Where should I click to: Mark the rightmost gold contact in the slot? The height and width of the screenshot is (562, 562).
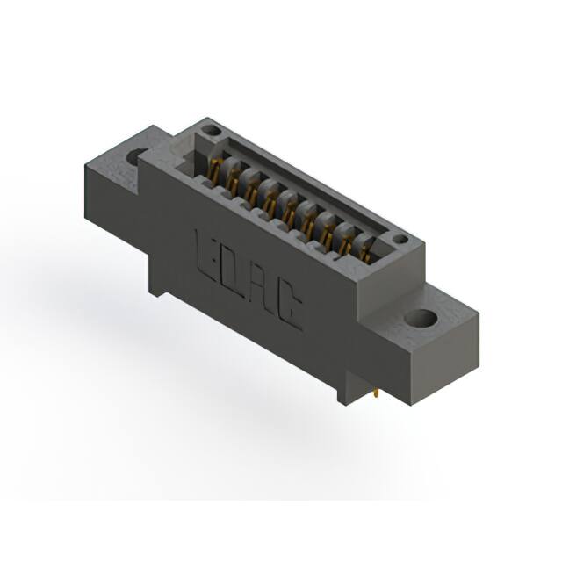[x=362, y=252]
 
